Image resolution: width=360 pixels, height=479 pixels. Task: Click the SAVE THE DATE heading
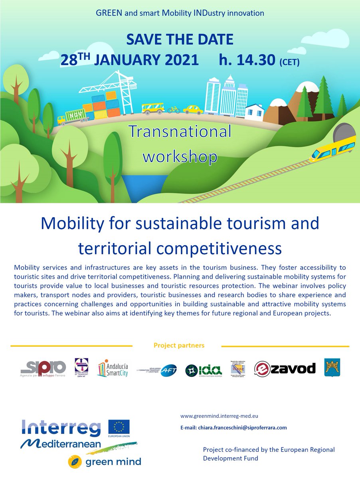click(x=180, y=40)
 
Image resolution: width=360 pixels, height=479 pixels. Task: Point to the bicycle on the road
click(x=174, y=109)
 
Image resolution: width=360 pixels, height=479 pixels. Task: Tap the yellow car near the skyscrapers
click(x=193, y=109)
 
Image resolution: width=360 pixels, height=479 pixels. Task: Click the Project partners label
click(x=179, y=345)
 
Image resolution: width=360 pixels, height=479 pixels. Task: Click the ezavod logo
click(x=285, y=368)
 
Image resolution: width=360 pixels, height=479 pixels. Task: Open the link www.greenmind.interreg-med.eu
click(x=219, y=416)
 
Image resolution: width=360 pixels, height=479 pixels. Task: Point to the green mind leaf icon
click(x=75, y=461)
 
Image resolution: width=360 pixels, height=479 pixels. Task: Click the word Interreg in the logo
click(x=62, y=428)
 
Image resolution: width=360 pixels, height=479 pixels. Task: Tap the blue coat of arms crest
click(x=332, y=367)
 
